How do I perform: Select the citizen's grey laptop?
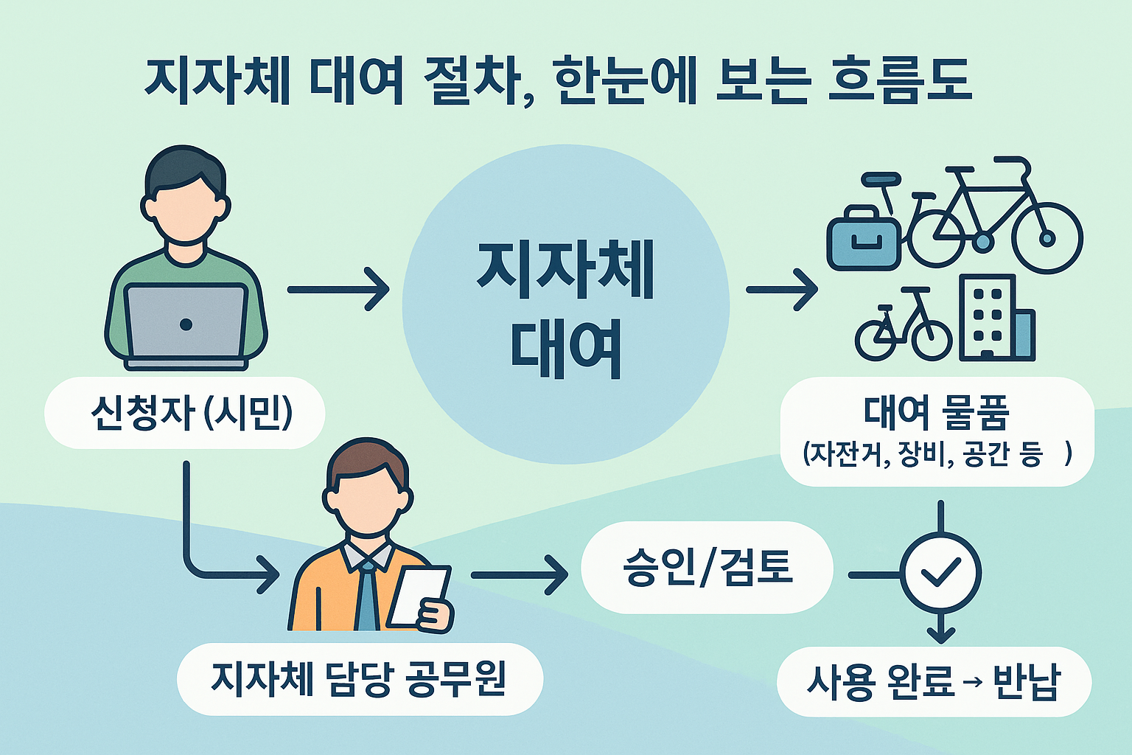click(186, 324)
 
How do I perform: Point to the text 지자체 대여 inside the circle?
click(566, 310)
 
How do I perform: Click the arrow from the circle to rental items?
click(781, 290)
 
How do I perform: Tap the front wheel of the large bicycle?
click(1047, 238)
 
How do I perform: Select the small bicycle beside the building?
click(904, 329)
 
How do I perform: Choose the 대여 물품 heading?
click(936, 413)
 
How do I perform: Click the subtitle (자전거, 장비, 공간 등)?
click(936, 454)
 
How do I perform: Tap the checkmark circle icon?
click(941, 573)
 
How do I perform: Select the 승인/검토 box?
click(707, 568)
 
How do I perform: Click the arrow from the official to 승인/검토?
click(519, 574)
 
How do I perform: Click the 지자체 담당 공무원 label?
click(359, 678)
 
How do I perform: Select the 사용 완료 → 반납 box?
click(933, 682)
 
